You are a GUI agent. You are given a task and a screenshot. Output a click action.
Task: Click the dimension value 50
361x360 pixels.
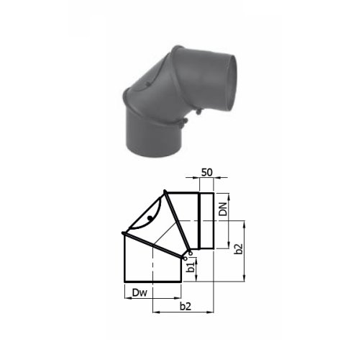[207, 172]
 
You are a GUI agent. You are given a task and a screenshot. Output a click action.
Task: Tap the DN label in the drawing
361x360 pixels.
[223, 209]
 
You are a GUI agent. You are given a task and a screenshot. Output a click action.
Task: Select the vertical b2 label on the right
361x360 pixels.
[239, 249]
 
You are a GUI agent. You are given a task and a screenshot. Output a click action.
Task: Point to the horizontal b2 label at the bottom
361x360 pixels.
[186, 307]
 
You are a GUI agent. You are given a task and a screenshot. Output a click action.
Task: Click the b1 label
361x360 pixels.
[191, 267]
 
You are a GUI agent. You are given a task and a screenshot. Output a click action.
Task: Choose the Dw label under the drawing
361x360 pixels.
[140, 293]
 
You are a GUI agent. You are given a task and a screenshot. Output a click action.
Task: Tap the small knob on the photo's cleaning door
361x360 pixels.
[148, 84]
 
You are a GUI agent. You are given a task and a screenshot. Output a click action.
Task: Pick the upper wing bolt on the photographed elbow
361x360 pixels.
[198, 112]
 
